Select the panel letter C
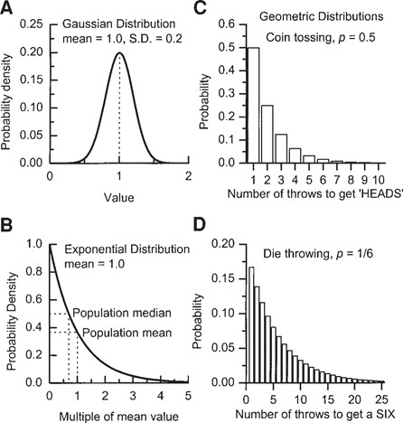click(217, 10)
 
